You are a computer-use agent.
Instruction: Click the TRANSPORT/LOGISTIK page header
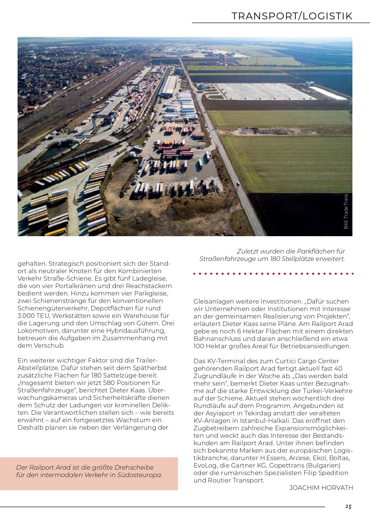(292, 16)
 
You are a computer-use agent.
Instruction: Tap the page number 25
(348, 507)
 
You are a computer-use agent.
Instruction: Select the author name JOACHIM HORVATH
(321, 488)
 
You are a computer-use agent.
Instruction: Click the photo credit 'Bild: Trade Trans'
(346, 211)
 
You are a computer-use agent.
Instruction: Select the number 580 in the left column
(103, 383)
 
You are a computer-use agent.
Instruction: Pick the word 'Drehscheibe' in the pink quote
(134, 468)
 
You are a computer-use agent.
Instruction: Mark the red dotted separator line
(273, 273)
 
